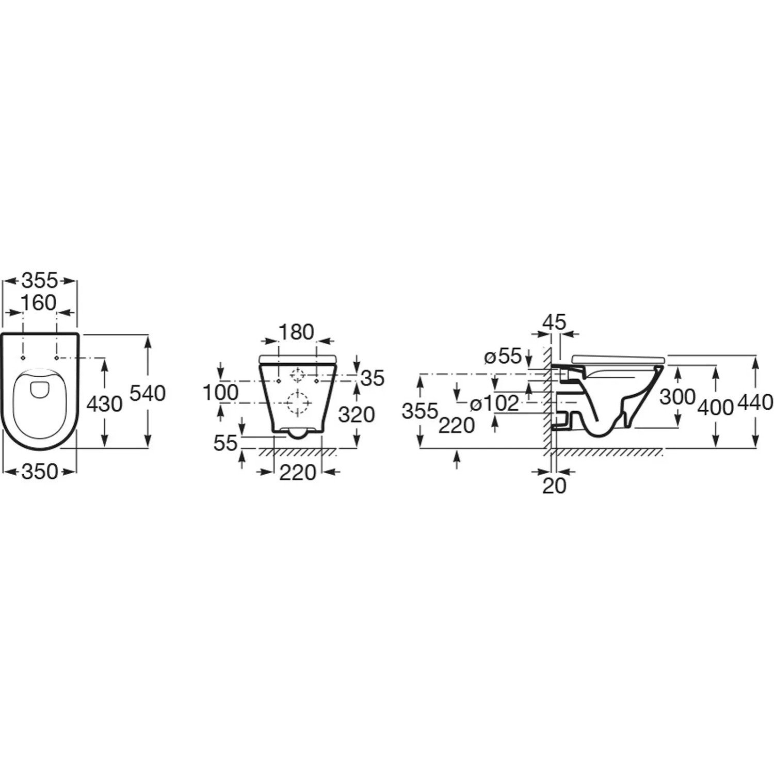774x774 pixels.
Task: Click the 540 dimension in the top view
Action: point(147,393)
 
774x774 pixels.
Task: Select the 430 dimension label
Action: point(104,404)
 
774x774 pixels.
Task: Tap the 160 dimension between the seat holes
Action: point(39,303)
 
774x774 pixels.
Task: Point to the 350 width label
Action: point(40,471)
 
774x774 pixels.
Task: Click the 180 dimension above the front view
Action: point(296,332)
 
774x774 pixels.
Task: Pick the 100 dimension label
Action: point(220,393)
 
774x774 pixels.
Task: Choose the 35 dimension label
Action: point(373,378)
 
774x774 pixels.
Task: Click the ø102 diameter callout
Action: point(494,404)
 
